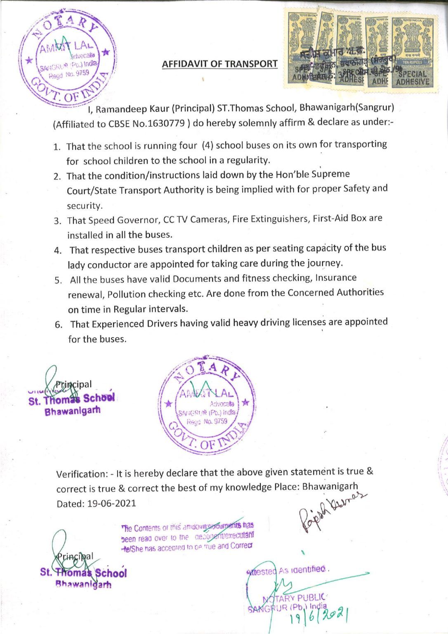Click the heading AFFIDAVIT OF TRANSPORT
[219, 64]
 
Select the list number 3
[58, 221]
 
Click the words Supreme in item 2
[331, 174]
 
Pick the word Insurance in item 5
[336, 278]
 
